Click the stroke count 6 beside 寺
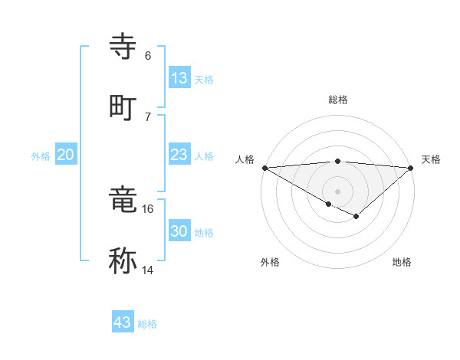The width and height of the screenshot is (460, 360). (x=147, y=56)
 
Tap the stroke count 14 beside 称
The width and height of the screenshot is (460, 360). (x=147, y=270)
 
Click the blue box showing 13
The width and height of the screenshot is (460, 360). (x=179, y=78)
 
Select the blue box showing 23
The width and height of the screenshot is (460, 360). (x=179, y=155)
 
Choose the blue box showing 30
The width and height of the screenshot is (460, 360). (x=179, y=231)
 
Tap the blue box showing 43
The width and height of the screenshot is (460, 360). (x=123, y=322)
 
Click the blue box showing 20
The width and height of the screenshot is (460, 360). (x=66, y=155)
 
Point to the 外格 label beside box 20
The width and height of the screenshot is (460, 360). (x=41, y=155)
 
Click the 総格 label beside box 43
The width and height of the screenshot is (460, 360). (x=147, y=324)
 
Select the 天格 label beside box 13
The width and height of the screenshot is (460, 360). (x=203, y=80)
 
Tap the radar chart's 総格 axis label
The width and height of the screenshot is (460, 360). (x=337, y=100)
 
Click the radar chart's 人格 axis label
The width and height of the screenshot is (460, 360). (x=245, y=159)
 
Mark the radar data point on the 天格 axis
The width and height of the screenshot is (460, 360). (x=411, y=168)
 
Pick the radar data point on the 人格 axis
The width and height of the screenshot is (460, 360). (x=264, y=168)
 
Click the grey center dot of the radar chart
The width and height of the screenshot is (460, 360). (x=337, y=191)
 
